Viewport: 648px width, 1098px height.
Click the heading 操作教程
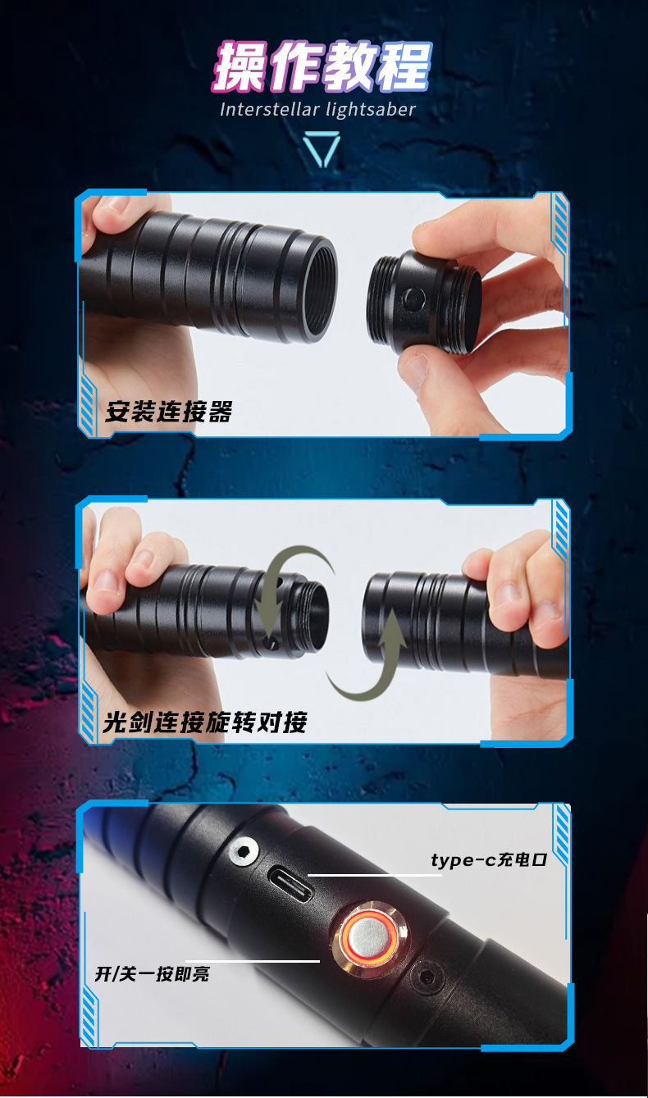point(322,66)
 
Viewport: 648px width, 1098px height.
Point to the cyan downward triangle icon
point(322,149)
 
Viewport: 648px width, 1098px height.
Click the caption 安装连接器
point(168,412)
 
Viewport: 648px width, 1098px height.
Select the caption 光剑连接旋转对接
point(205,722)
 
